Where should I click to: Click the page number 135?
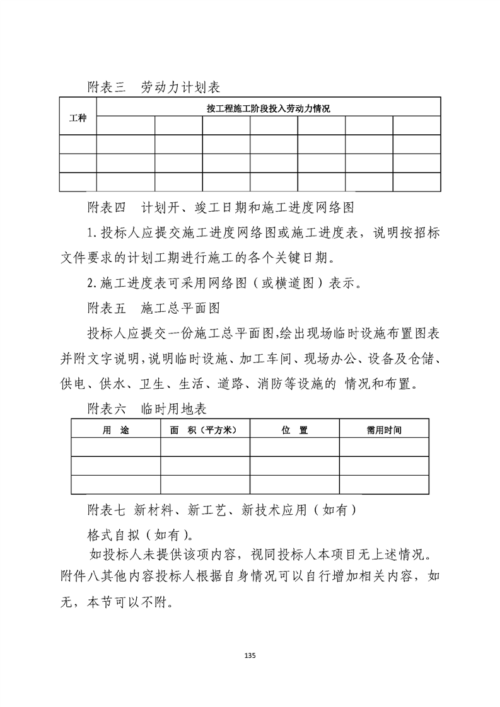point(250,656)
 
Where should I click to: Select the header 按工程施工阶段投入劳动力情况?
point(268,108)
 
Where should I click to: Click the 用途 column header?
point(115,430)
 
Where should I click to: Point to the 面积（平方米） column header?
point(205,430)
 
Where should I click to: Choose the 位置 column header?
point(294,430)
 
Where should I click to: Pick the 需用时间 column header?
point(384,430)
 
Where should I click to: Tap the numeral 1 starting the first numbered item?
point(90,232)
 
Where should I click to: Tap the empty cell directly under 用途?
point(115,447)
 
